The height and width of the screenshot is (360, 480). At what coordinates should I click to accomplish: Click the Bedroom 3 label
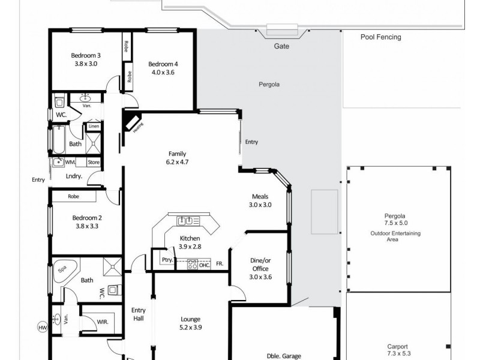coord(86,55)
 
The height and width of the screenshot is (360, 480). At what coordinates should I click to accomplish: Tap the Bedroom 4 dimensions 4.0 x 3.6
coord(163,73)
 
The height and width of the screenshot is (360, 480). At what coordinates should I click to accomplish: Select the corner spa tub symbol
coord(65,271)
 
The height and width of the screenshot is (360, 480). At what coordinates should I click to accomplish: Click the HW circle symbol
coord(43,328)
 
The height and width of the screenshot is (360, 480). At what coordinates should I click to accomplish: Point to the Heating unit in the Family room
coord(132,123)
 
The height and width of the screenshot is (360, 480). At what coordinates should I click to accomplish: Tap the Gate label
coord(281,46)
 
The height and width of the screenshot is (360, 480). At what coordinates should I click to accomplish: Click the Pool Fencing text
coord(381,37)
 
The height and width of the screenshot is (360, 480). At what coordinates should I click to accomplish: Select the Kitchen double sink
coord(185,221)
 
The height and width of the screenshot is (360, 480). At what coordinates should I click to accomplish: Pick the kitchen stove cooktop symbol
coord(192,265)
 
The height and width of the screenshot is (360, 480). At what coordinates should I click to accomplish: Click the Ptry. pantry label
coord(167,260)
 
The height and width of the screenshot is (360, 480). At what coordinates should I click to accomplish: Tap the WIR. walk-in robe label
coord(103,322)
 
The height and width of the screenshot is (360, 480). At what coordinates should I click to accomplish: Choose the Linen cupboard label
coord(94,126)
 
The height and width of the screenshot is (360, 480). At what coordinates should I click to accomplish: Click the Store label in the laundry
coord(94,162)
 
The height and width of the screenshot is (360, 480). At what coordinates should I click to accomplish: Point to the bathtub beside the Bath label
coord(59,140)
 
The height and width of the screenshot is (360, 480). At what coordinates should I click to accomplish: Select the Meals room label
coord(260,197)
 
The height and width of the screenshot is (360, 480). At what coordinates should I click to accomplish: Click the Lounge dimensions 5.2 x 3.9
coord(190,328)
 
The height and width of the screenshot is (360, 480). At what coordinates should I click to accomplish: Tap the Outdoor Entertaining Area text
coord(395,236)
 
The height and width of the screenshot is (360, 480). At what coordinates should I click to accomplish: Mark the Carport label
coord(397,347)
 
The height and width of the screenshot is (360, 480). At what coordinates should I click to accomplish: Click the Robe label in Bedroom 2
coord(73,197)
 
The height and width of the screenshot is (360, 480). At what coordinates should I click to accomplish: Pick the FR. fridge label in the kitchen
coord(220,263)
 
